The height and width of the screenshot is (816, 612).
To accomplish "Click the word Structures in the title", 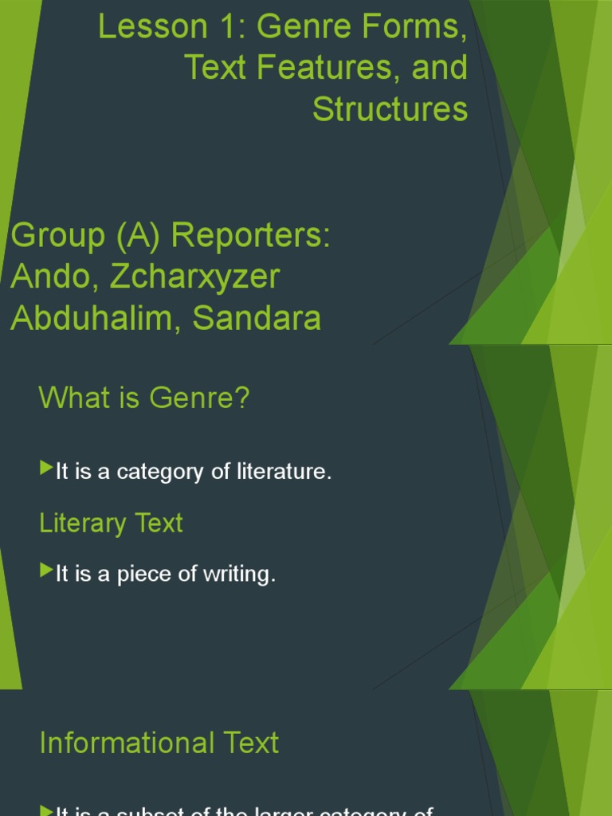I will [x=390, y=109].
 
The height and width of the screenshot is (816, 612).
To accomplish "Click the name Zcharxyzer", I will [x=195, y=277].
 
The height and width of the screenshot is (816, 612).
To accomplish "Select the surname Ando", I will [x=52, y=277].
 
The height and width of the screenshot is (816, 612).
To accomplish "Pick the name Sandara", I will [x=257, y=318].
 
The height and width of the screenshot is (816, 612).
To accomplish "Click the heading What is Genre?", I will [x=144, y=398].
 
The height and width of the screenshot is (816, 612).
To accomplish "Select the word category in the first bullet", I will [x=160, y=472].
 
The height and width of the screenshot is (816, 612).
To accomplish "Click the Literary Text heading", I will [x=111, y=523].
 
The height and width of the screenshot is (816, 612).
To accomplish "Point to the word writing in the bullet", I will [x=240, y=574].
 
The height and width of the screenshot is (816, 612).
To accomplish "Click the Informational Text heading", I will [x=159, y=743].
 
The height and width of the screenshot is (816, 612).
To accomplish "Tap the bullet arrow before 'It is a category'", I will [x=45, y=469].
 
